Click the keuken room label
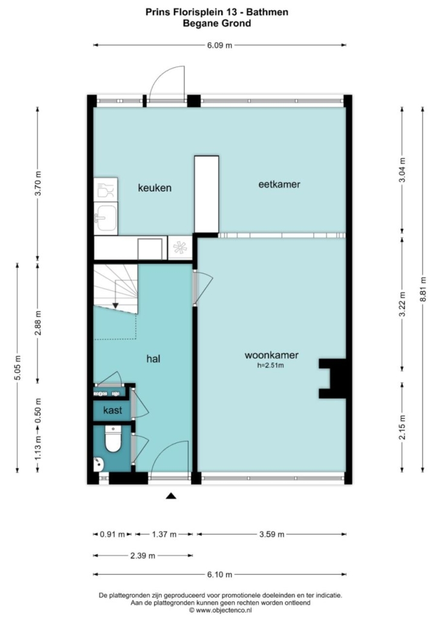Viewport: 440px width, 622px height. pos(155,188)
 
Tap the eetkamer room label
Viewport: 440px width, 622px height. pos(279,184)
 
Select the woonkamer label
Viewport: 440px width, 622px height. pos(271,355)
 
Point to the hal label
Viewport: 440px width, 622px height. pos(154,359)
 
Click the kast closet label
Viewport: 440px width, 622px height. pos(112,410)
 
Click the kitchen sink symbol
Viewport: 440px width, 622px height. pos(106,217)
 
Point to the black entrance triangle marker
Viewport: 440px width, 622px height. pos(171,495)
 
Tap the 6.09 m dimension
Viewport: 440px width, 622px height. pos(219,45)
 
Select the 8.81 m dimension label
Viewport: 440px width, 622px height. pos(423,289)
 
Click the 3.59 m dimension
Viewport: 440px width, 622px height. pos(272,534)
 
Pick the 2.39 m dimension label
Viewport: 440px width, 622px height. pos(143,556)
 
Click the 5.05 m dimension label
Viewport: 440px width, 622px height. pos(18,368)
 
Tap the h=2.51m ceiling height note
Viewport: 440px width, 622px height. pos(270,366)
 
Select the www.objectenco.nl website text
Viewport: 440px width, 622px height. pos(220,610)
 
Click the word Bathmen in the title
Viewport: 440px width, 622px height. pos(267,12)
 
